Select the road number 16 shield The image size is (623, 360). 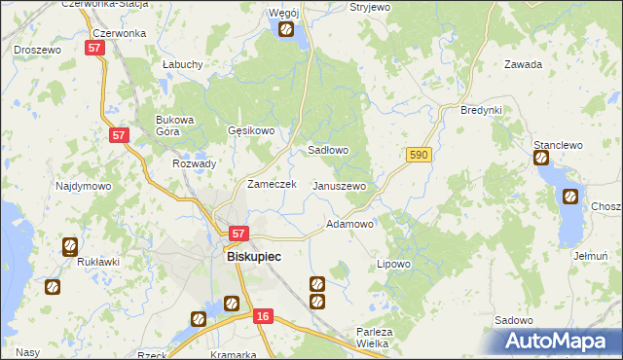tap(262, 317)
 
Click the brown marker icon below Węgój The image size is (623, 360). tap(286, 30)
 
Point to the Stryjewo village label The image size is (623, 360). tap(369, 7)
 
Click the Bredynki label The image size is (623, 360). tap(481, 110)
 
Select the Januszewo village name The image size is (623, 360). tap(339, 186)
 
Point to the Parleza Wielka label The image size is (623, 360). tap(373, 337)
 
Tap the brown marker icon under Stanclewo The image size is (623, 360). tap(541, 159)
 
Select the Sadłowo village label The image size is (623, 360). tap(328, 151)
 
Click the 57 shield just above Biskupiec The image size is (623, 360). tap(239, 234)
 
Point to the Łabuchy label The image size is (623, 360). tap(183, 64)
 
